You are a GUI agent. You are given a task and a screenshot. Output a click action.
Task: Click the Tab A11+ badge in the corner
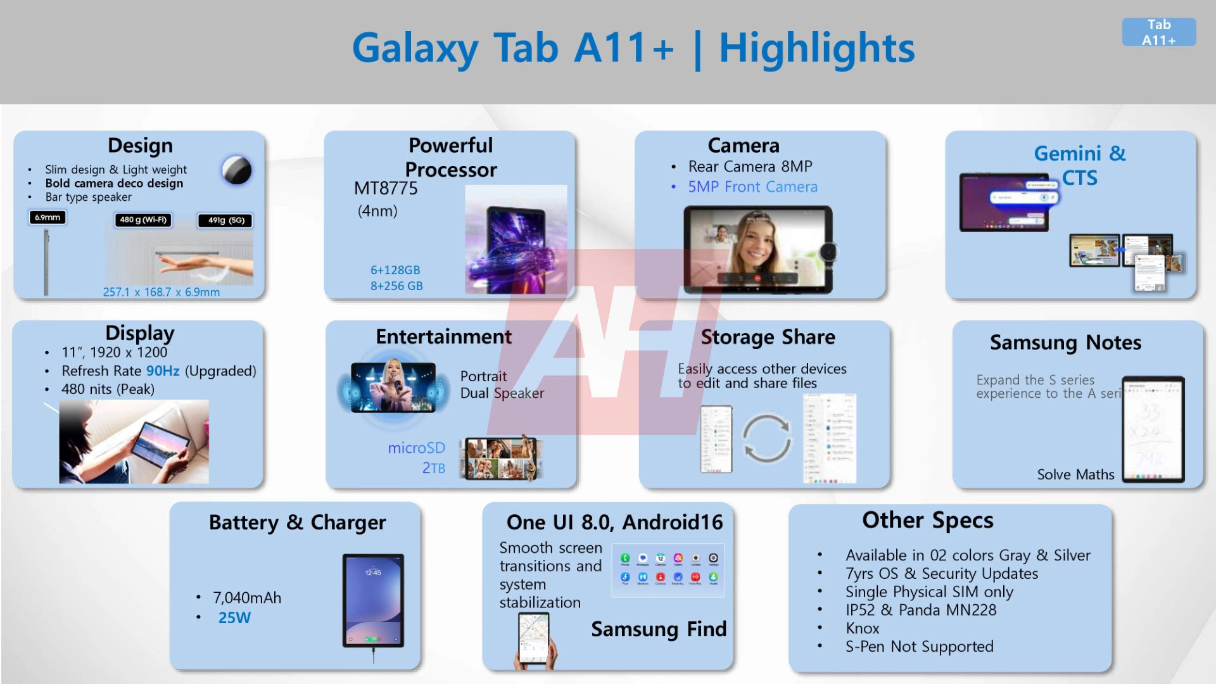[1158, 32]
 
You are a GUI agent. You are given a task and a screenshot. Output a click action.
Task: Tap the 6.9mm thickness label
[47, 217]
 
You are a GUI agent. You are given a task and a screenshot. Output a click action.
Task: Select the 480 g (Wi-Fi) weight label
[143, 220]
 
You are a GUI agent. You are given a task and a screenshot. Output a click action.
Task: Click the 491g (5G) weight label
[226, 220]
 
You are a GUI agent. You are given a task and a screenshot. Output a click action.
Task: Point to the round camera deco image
[237, 170]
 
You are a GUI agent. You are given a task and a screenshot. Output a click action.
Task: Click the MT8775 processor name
[386, 188]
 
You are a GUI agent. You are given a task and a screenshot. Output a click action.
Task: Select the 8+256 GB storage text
[396, 286]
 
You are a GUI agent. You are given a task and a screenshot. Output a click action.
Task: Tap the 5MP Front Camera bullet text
[752, 187]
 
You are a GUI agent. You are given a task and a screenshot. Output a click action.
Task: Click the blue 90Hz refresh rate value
[163, 370]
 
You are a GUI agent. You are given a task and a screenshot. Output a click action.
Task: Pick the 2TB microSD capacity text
[434, 468]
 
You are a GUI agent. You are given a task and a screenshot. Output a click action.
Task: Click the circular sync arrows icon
[766, 438]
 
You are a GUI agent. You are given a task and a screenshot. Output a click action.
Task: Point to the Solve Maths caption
[1075, 474]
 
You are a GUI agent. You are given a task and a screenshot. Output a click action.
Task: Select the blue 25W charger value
[234, 617]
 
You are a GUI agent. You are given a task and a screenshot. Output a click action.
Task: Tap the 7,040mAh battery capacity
[247, 597]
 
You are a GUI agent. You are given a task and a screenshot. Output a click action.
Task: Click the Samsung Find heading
[659, 629]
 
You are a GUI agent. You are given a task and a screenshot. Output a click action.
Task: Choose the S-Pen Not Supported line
[919, 646]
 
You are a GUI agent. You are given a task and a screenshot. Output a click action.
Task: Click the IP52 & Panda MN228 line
[921, 610]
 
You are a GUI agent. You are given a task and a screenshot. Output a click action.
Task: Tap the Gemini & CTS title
[1080, 165]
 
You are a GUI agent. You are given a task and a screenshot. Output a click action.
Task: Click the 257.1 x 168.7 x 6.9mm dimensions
[161, 292]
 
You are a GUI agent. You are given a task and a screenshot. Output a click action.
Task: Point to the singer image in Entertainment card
[393, 387]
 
